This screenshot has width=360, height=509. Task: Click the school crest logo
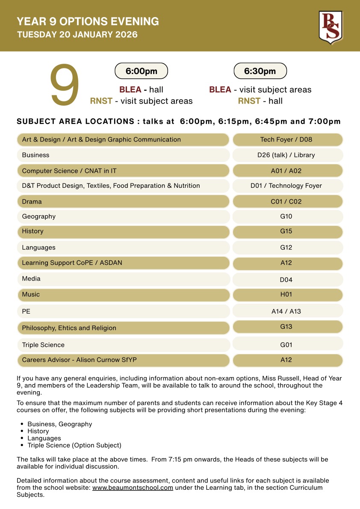330,27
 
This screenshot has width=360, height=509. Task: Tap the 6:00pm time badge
141,71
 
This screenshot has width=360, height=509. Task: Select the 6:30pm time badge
260,71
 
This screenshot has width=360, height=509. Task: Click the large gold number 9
65,86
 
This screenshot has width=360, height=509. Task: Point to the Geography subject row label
39,216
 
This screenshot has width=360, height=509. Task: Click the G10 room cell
286,216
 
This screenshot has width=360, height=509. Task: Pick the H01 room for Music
286,294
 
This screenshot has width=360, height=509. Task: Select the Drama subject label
32,201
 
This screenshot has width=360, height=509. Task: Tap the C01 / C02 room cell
286,201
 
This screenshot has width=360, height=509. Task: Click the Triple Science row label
43,345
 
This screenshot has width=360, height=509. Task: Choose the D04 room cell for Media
286,280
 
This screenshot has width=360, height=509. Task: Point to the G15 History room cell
286,231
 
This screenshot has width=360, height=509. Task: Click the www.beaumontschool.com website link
133,488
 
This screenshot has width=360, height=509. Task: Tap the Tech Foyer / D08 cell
286,139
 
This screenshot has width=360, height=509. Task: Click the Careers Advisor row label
79,360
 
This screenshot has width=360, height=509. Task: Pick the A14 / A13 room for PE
286,311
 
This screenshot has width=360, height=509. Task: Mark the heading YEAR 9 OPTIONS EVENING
88,21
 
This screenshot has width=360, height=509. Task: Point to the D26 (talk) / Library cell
286,155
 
